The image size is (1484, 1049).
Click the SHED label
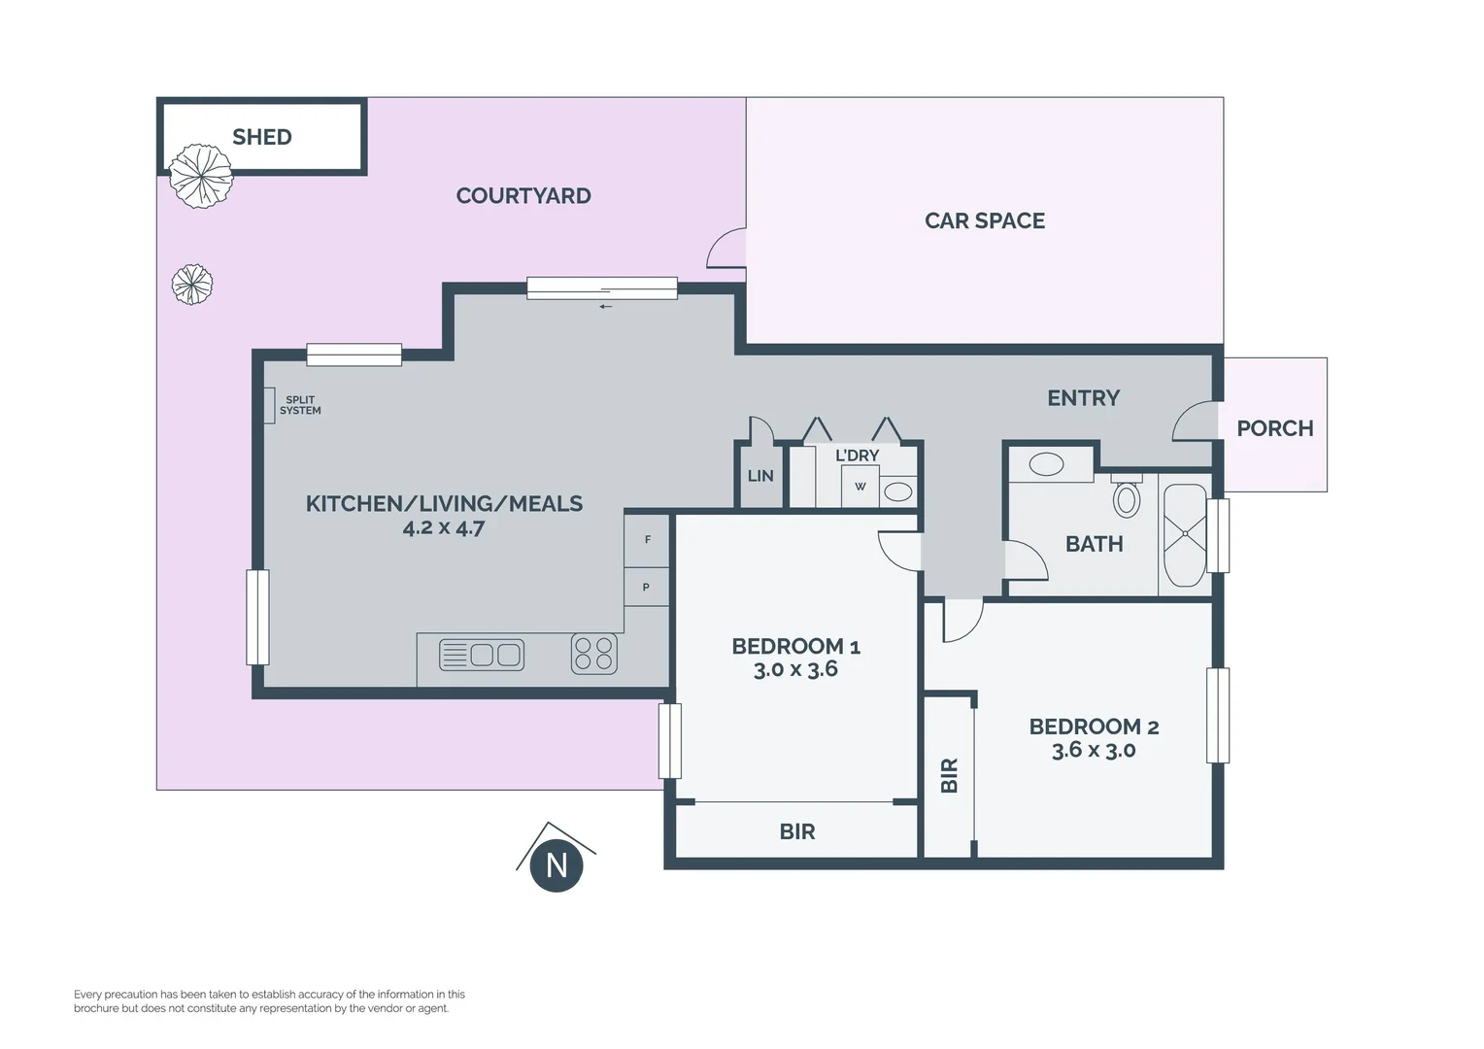pyautogui.click(x=261, y=137)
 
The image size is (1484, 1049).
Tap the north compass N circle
pyautogui.click(x=556, y=865)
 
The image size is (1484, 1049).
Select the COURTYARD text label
pyautogui.click(x=523, y=196)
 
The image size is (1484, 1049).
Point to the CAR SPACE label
pyautogui.click(x=985, y=220)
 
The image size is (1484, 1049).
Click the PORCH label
pyautogui.click(x=1274, y=428)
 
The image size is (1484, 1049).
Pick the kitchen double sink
pyautogui.click(x=482, y=655)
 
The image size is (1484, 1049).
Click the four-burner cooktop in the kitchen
pyautogui.click(x=594, y=654)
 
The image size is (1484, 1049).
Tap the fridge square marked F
pyautogui.click(x=647, y=540)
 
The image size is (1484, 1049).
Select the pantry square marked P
pyautogui.click(x=647, y=587)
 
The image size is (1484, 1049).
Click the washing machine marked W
pyautogui.click(x=860, y=487)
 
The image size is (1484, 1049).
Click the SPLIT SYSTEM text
pyautogui.click(x=300, y=405)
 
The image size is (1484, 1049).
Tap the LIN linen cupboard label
pyautogui.click(x=759, y=476)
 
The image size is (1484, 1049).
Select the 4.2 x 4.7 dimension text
pyautogui.click(x=444, y=528)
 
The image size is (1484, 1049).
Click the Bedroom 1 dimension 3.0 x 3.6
pyautogui.click(x=795, y=669)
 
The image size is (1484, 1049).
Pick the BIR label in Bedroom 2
pyautogui.click(x=950, y=775)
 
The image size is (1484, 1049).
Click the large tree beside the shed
pyautogui.click(x=201, y=176)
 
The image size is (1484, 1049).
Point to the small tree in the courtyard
pyautogui.click(x=192, y=285)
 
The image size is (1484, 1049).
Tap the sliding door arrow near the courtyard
pyautogui.click(x=605, y=307)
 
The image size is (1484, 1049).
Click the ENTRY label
pyautogui.click(x=1083, y=398)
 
